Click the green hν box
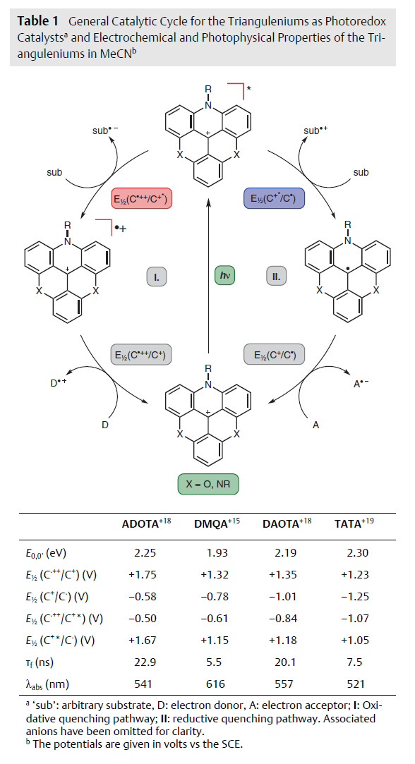[x=225, y=276]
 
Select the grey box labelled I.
[x=157, y=277]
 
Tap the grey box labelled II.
[x=277, y=277]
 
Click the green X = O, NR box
[x=207, y=485]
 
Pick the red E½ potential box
[x=141, y=198]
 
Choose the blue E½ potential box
[x=274, y=198]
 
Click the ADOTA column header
[x=146, y=523]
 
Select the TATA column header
[x=354, y=523]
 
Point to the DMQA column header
[x=217, y=523]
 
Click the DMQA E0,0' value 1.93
[x=217, y=552]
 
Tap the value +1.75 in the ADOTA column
[x=143, y=574]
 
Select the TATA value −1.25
[x=355, y=596]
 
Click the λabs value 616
[x=215, y=684]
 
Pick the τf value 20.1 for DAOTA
[x=284, y=662]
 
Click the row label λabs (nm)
[x=47, y=684]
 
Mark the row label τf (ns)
[x=40, y=662]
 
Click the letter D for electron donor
[x=105, y=425]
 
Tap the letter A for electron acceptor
[x=316, y=425]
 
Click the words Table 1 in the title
[x=37, y=21]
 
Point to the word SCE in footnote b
[x=232, y=744]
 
